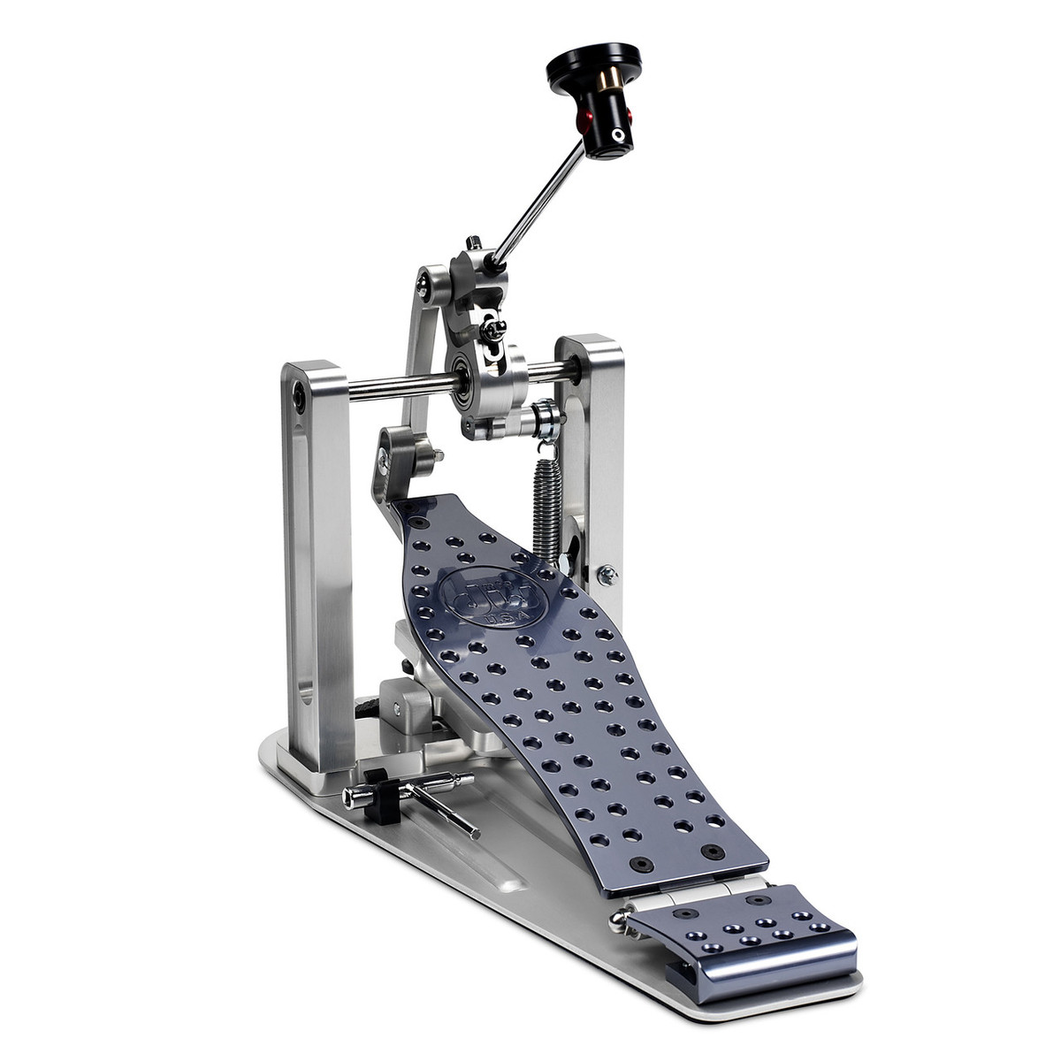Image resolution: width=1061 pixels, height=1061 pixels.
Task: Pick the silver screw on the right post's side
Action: coord(607,576)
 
